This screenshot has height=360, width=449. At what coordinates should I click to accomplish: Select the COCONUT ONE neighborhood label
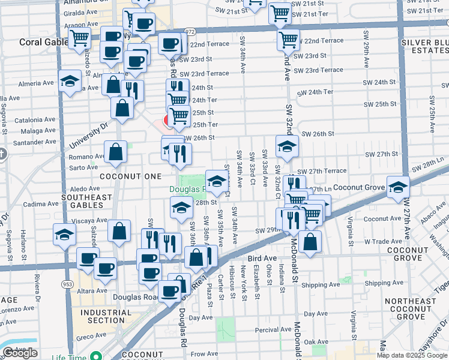[130, 176]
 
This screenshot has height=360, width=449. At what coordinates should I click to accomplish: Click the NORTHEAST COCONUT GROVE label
[411, 308]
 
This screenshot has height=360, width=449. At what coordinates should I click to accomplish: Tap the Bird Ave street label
[262, 258]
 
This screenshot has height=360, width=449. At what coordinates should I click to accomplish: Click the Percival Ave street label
[273, 329]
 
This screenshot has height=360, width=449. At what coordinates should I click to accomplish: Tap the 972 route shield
[190, 31]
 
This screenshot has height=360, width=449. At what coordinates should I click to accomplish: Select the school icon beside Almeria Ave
[70, 82]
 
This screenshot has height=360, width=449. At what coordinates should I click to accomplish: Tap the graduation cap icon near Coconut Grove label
[397, 188]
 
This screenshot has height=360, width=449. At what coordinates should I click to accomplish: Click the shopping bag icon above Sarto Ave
[115, 153]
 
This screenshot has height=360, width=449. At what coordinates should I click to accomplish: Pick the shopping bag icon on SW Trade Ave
[310, 242]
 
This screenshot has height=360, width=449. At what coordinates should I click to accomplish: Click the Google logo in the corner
[20, 353]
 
